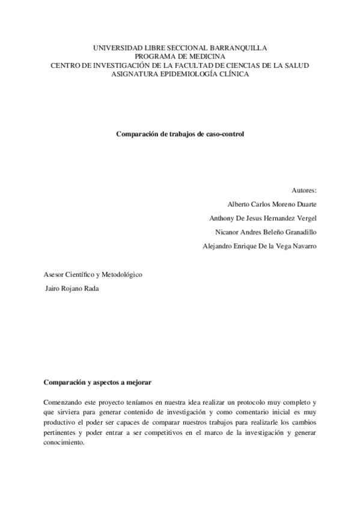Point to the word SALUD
pyautogui.click(x=296, y=65)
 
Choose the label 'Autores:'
pyautogui.click(x=304, y=190)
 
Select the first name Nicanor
pyautogui.click(x=228, y=232)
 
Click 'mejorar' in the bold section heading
pyautogui.click(x=138, y=382)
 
